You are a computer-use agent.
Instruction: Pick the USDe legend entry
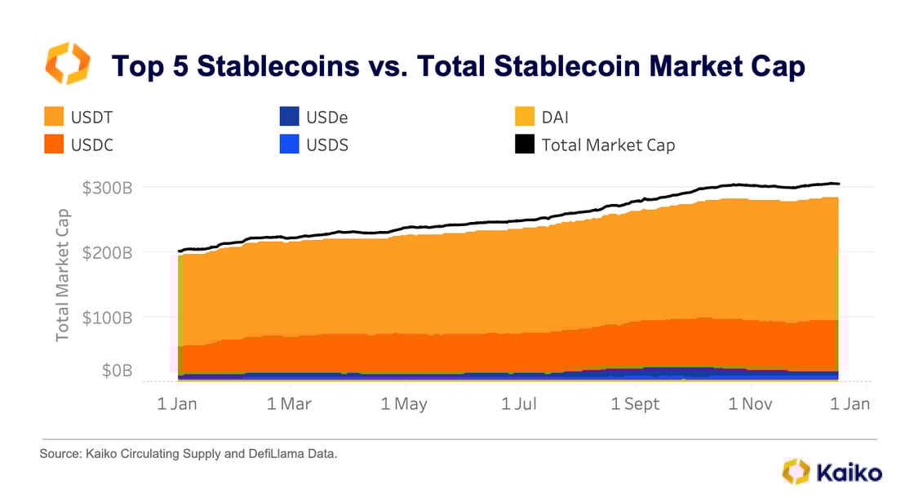click(x=314, y=117)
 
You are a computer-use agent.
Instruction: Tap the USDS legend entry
click(x=314, y=145)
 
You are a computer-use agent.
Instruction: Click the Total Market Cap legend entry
click(x=596, y=145)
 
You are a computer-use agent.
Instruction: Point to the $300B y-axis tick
click(x=108, y=187)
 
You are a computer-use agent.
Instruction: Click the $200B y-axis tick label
click(x=108, y=252)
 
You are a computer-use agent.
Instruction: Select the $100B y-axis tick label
click(x=108, y=317)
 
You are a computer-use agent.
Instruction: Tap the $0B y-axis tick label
click(x=117, y=371)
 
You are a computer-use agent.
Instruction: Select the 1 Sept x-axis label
click(x=636, y=404)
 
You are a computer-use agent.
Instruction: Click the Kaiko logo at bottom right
click(x=832, y=472)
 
